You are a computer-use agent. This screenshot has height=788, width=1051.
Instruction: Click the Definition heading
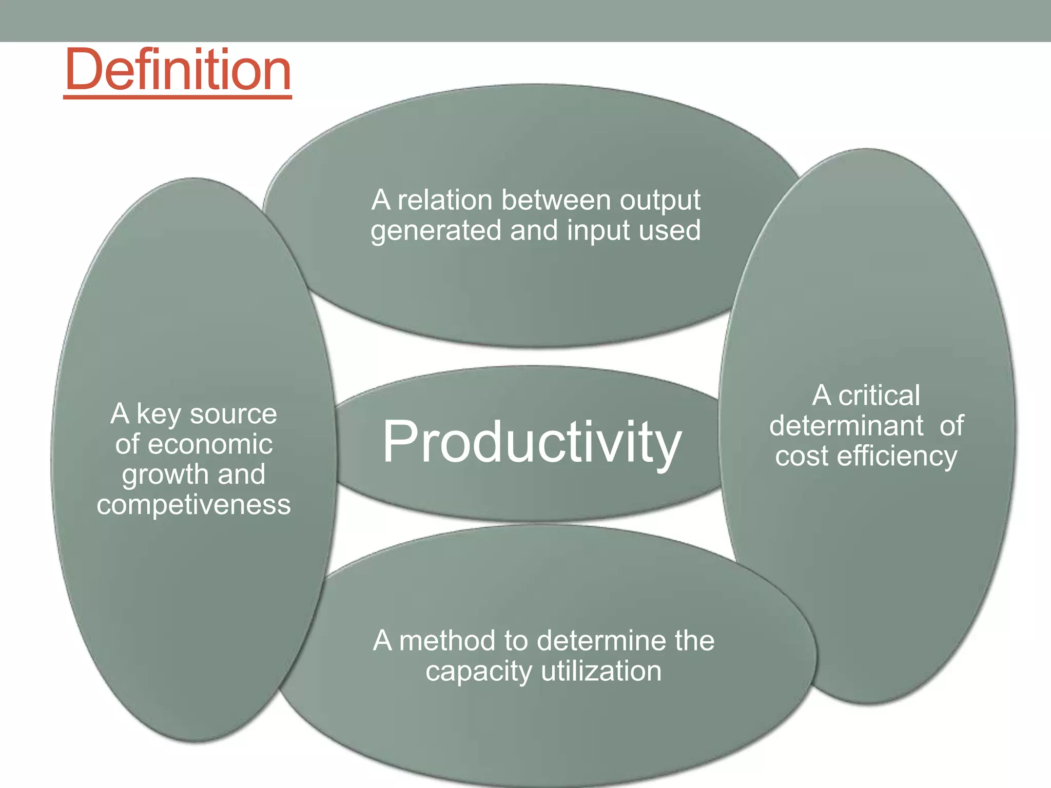click(x=178, y=69)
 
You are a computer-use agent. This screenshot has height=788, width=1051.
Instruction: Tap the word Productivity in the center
click(x=532, y=442)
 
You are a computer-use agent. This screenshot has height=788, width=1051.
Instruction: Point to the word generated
click(x=436, y=231)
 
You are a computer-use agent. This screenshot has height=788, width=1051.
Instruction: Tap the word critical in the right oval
click(x=879, y=396)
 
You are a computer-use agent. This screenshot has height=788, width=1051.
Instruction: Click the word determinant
click(x=846, y=426)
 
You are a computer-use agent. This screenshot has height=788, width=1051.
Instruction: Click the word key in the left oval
click(x=159, y=415)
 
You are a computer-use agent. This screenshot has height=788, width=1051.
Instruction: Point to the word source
click(x=233, y=414)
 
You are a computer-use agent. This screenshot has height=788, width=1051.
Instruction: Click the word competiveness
click(x=193, y=505)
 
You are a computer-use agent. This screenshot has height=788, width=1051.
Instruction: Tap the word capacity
click(x=478, y=672)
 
